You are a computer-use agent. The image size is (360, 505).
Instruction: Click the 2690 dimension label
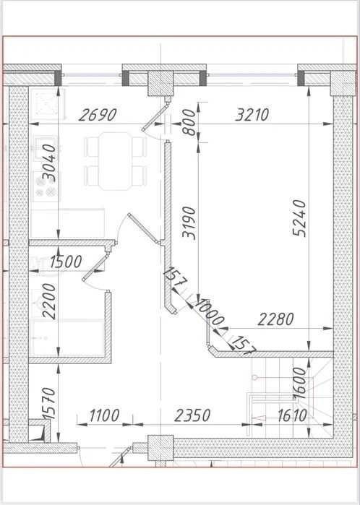[x=98, y=115]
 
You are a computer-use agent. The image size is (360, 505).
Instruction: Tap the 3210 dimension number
[x=252, y=115]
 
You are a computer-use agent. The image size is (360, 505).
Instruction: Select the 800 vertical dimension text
[x=189, y=122]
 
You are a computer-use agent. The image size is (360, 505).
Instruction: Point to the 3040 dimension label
[x=49, y=163]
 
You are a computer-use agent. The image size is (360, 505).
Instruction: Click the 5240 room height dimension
[x=299, y=217]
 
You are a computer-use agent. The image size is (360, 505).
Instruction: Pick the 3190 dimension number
[x=189, y=223]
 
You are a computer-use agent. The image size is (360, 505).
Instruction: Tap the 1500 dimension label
[x=66, y=262]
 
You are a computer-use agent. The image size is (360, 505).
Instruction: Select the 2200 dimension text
[x=49, y=301]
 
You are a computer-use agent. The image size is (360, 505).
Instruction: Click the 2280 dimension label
[x=276, y=319]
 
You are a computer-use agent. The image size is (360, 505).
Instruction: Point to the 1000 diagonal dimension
[x=210, y=312]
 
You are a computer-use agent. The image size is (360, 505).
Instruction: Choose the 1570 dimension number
[x=49, y=403]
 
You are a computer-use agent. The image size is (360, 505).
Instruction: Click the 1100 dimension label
[x=104, y=415]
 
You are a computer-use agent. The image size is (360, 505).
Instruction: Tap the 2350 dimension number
[x=192, y=415]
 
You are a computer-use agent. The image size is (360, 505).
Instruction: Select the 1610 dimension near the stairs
[x=292, y=416]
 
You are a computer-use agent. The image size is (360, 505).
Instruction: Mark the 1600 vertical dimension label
[x=299, y=383]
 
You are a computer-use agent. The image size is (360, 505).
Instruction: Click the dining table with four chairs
[x=116, y=161]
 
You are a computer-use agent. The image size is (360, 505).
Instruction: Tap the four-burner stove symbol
[x=46, y=186]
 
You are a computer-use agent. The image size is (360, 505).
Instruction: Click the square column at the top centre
[x=160, y=83]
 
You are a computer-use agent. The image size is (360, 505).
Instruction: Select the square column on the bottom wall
[x=160, y=448]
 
